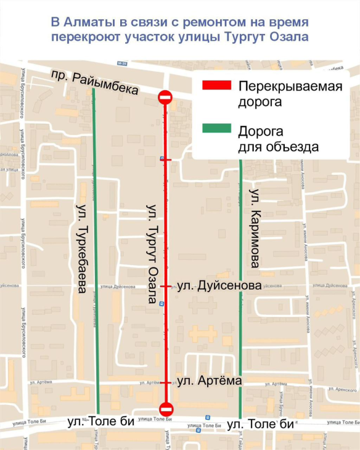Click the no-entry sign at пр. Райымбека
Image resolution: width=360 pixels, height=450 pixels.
[x=165, y=97]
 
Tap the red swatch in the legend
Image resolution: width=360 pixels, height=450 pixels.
[x=216, y=86]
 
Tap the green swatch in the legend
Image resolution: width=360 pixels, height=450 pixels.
[x=216, y=129]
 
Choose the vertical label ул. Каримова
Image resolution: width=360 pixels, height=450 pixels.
[x=253, y=227]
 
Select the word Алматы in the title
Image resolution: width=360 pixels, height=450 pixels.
[x=86, y=23]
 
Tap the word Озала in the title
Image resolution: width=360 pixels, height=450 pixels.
[x=285, y=37]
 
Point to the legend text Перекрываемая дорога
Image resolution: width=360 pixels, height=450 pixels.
[x=281, y=94]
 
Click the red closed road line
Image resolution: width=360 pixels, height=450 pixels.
[x=166, y=247]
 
